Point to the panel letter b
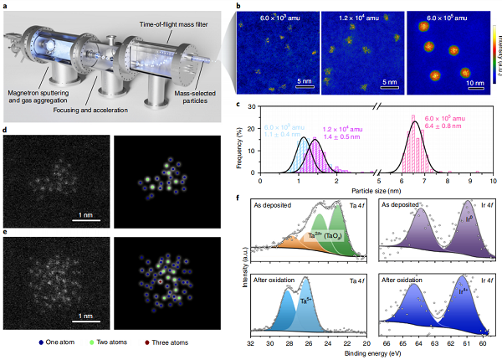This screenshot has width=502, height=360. (x=240, y=8)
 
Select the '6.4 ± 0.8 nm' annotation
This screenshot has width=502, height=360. (x=447, y=126)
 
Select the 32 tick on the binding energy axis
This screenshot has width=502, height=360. (x=251, y=343)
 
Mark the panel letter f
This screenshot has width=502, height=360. (x=240, y=200)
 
